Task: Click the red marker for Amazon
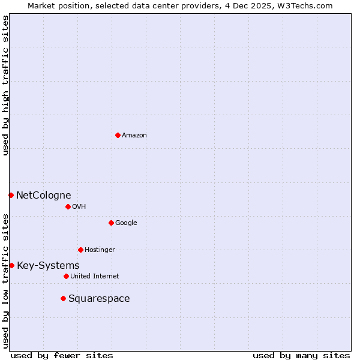(x=118, y=135)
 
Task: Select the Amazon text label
(x=134, y=136)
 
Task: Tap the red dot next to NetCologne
(x=11, y=195)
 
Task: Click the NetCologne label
(x=43, y=195)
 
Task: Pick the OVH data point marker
(x=68, y=206)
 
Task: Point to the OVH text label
(x=79, y=207)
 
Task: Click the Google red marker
(x=111, y=223)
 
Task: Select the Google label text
(x=126, y=223)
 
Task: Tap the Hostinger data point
(x=80, y=250)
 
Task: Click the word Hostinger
(x=100, y=250)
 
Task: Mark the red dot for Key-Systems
(x=11, y=265)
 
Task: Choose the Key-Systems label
(x=48, y=266)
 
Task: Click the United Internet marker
(x=66, y=276)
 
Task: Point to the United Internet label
(x=94, y=277)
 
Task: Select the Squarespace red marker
(x=63, y=298)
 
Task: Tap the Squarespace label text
(x=99, y=299)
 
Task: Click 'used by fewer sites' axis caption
(x=62, y=355)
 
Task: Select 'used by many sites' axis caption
(x=301, y=355)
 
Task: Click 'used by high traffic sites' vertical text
(x=5, y=86)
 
